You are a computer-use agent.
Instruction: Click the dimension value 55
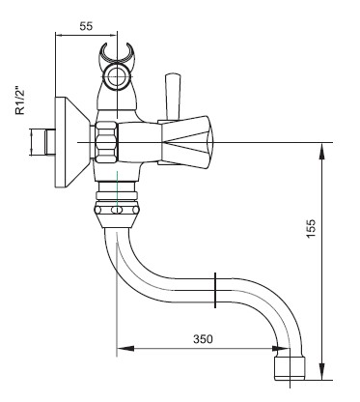pyautogui.click(x=86, y=26)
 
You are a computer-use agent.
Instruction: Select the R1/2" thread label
pyautogui.click(x=20, y=100)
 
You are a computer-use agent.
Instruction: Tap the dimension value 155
pyautogui.click(x=311, y=228)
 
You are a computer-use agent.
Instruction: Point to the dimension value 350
pyautogui.click(x=203, y=339)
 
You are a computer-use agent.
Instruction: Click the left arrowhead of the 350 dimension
pyautogui.click(x=125, y=348)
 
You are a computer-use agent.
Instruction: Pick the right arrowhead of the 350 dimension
pyautogui.click(x=281, y=348)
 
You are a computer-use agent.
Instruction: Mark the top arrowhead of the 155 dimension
pyautogui.click(x=321, y=151)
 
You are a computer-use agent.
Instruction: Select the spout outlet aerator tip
pyautogui.click(x=290, y=368)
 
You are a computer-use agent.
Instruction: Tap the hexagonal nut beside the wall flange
pyautogui.click(x=105, y=142)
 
